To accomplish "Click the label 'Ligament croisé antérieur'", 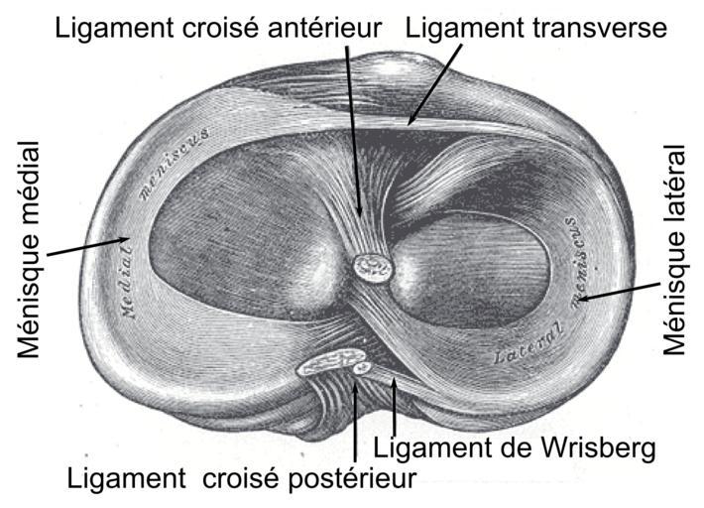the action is click(218, 29).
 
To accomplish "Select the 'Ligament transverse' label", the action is click(536, 28).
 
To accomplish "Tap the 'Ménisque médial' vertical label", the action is click(30, 249).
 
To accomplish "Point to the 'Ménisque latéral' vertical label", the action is click(674, 250).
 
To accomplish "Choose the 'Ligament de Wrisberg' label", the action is click(515, 447).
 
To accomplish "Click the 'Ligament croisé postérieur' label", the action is click(242, 478).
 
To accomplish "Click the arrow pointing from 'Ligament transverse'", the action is click(434, 84).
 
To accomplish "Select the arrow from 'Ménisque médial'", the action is click(88, 246).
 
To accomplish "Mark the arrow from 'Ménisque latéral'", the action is click(619, 291).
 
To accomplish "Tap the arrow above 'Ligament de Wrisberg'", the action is click(395, 407).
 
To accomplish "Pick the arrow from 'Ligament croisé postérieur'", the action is click(355, 422).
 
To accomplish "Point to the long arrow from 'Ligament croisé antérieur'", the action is click(354, 131).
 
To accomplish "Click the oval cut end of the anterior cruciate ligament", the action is click(373, 268).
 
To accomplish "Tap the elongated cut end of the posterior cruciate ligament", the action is click(331, 362).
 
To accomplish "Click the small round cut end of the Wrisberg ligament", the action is click(362, 369).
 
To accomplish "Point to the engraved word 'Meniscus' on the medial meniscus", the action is click(174, 164).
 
